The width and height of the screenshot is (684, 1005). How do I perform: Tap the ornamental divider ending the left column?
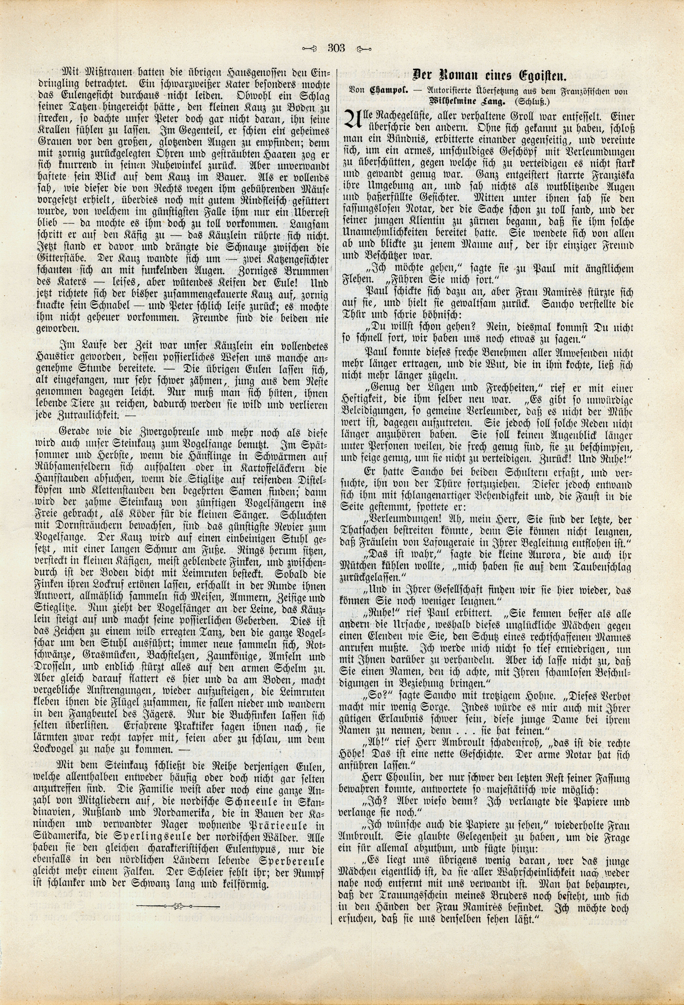[x=178, y=952]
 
